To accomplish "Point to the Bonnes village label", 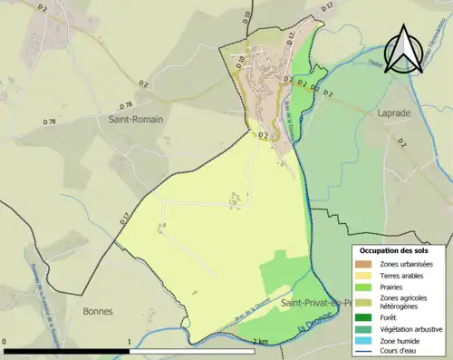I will pyautogui.click(x=97, y=311).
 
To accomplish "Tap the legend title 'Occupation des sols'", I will pyautogui.click(x=400, y=249).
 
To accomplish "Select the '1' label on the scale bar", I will pyautogui.click(x=129, y=341).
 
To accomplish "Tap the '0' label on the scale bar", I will pyautogui.click(x=5, y=341).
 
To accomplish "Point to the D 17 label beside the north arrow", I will pyautogui.click(x=327, y=7).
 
